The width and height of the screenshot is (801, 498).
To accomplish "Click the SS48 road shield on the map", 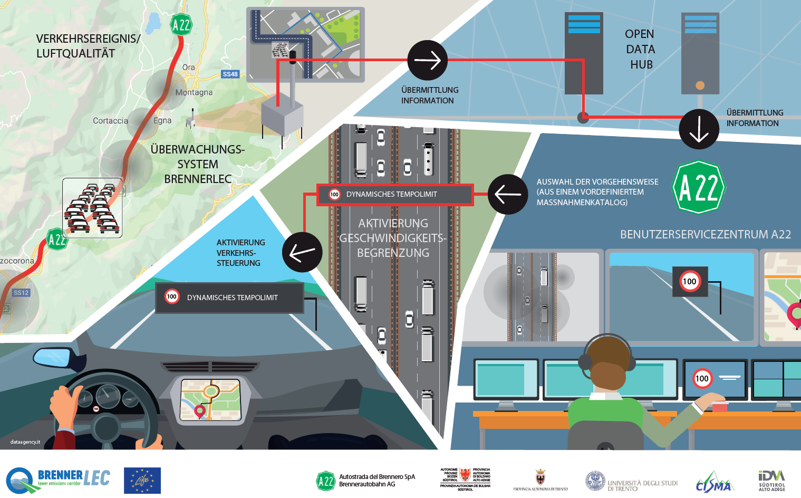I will point(230,74).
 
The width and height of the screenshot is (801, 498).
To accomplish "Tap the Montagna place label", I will point(194,92).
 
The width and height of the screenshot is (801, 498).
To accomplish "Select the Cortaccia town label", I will point(111,121).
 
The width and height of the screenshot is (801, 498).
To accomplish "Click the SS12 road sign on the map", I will point(21,293).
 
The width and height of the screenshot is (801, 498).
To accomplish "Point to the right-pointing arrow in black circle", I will point(428,61).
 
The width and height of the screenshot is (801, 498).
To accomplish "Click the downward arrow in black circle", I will point(699,129).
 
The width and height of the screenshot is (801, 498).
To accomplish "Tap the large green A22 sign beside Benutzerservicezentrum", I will point(699,187).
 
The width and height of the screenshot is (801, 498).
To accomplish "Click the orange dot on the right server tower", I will point(700,85).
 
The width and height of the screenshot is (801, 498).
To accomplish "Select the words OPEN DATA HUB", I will point(640,49).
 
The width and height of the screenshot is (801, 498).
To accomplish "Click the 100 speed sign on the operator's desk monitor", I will point(702,378).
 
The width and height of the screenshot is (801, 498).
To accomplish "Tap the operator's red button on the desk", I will point(720,406).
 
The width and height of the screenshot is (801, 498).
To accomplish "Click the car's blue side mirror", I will point(52,357).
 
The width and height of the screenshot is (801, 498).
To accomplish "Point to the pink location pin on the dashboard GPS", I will point(200,410).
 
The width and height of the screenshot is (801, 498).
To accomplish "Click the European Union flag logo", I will point(142,481).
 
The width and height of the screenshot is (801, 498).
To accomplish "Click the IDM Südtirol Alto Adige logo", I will point(771,480).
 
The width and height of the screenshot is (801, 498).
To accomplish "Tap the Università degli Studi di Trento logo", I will point(631,482).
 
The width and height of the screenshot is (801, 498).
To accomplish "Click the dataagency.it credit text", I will point(25,442).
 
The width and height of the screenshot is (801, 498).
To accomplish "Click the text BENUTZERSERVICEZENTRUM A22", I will point(705,234).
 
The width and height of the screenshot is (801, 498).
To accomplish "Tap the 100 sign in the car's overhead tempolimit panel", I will point(172,296).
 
